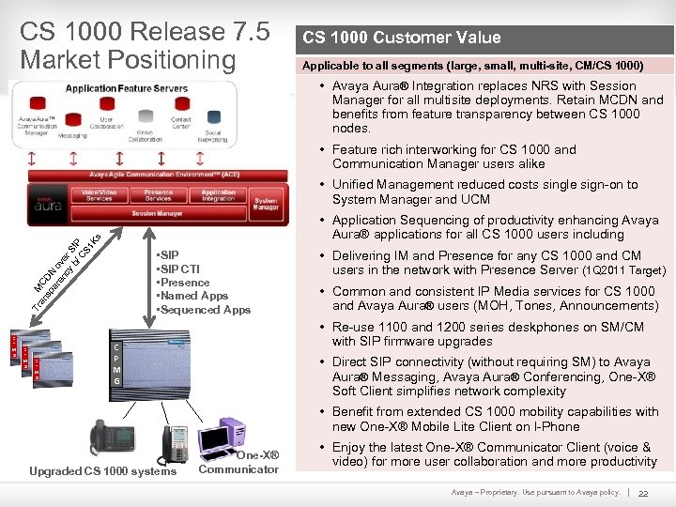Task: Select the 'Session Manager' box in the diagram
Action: pyautogui.click(x=157, y=213)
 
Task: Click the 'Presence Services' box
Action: pyautogui.click(x=159, y=195)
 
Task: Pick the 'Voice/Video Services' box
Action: pyautogui.click(x=100, y=195)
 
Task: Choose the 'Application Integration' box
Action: pyautogui.click(x=218, y=195)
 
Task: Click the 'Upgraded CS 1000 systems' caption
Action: pyautogui.click(x=103, y=471)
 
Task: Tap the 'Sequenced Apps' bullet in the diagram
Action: pyautogui.click(x=204, y=310)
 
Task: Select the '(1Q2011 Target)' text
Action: pyautogui.click(x=623, y=270)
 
